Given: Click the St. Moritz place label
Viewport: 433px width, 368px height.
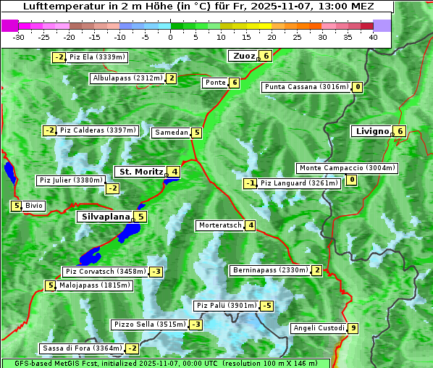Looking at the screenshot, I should click(140, 172).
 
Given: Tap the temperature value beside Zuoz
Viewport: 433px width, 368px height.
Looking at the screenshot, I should click(266, 56).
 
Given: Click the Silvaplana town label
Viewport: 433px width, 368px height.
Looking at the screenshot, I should click(105, 217).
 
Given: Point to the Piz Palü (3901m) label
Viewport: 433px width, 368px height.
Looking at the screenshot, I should click(226, 306).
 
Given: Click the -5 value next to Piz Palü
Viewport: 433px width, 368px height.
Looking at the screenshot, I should click(267, 306).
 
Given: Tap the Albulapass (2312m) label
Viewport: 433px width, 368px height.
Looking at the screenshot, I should click(127, 78).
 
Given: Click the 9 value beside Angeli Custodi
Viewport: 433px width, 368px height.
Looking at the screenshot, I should click(353, 328).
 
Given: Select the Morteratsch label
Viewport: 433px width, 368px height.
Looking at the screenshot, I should click(219, 225).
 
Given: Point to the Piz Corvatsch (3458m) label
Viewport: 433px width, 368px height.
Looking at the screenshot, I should click(105, 272).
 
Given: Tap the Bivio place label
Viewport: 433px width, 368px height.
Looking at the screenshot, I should click(34, 206).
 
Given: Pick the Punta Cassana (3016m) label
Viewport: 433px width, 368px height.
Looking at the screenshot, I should click(306, 87).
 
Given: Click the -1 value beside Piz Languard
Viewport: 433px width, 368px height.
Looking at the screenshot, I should click(250, 183).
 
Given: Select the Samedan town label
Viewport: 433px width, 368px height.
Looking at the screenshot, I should click(171, 133).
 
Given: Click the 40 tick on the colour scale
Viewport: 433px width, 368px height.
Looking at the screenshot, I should click(373, 37).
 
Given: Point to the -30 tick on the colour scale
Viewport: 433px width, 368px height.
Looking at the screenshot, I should click(20, 37).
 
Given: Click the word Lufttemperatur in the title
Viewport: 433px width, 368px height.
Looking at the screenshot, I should click(61, 7).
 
